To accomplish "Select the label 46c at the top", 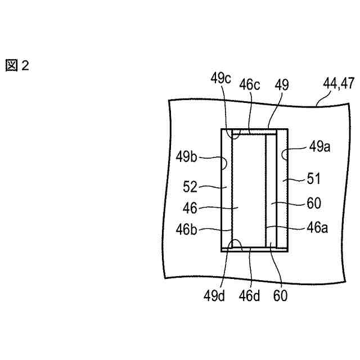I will [x=249, y=85].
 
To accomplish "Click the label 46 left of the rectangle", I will [x=190, y=208].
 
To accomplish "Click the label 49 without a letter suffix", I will [x=282, y=84].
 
